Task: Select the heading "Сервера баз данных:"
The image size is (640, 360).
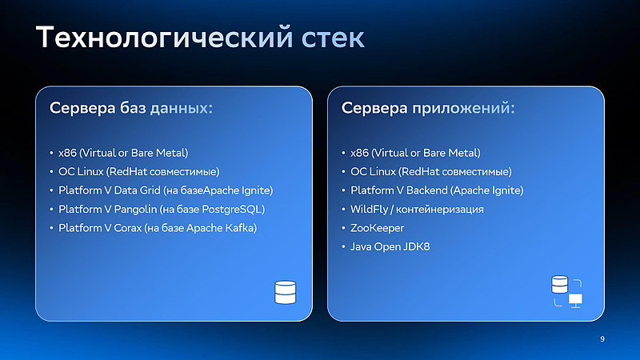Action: (131, 108)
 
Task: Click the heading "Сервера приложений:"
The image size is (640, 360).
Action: (428, 108)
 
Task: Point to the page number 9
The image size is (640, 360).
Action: (602, 340)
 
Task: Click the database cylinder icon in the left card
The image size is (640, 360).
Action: (285, 293)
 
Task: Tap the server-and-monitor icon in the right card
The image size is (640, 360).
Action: (566, 292)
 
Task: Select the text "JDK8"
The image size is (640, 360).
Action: (416, 246)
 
